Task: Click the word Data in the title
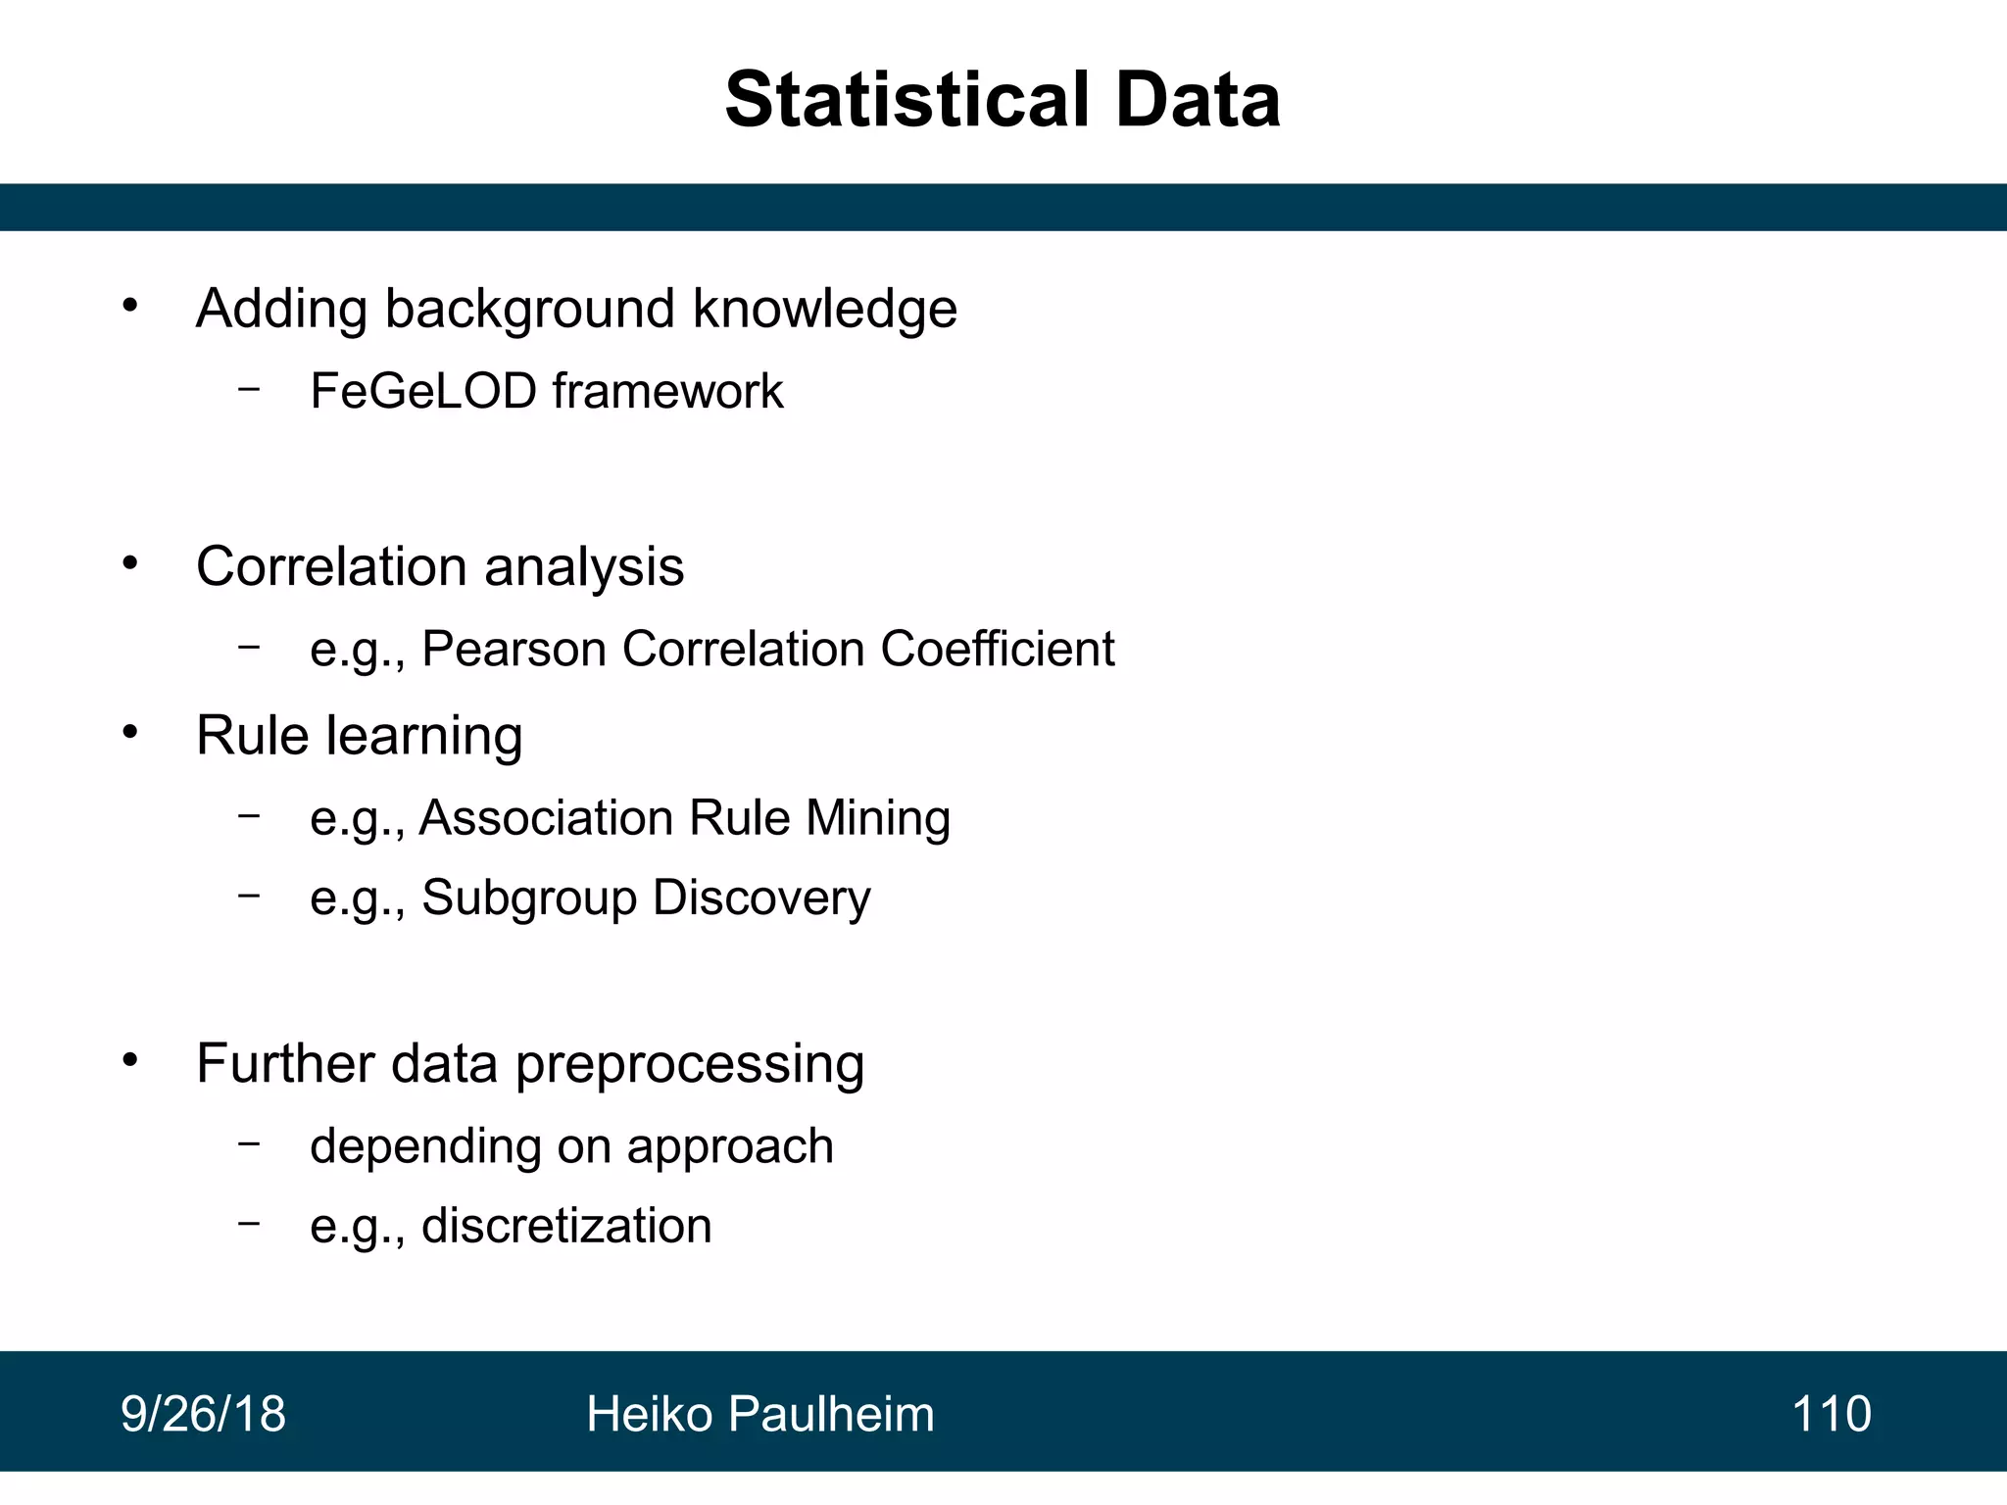(x=1198, y=100)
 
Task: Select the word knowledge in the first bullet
(x=824, y=310)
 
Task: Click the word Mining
(x=877, y=818)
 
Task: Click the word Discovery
(x=761, y=898)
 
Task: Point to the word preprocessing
(x=689, y=1065)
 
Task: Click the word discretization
(x=565, y=1227)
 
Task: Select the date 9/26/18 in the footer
(x=203, y=1414)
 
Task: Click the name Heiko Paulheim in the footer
(x=759, y=1414)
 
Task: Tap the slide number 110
(x=1831, y=1414)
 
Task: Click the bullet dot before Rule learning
(x=130, y=732)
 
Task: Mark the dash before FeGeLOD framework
(x=249, y=389)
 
